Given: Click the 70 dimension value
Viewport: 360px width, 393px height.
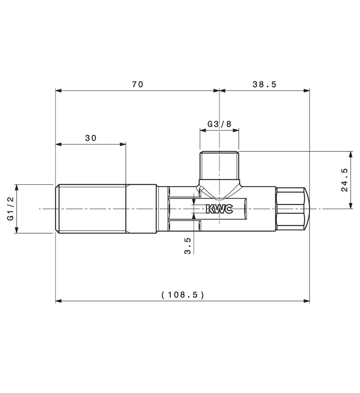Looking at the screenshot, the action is pyautogui.click(x=137, y=84).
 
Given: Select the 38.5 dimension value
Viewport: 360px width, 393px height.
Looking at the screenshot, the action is pyautogui.click(x=264, y=84).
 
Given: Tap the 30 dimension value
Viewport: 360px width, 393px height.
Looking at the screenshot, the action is pyautogui.click(x=91, y=138).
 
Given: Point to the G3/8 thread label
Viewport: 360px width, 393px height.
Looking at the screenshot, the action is pyautogui.click(x=219, y=124).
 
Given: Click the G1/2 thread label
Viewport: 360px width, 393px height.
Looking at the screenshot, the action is pyautogui.click(x=10, y=209).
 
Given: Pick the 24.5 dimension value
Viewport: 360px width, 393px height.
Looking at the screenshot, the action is pyautogui.click(x=344, y=180).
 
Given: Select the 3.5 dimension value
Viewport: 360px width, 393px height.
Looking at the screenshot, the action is pyautogui.click(x=187, y=246).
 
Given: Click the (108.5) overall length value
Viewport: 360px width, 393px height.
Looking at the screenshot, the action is pyautogui.click(x=183, y=294).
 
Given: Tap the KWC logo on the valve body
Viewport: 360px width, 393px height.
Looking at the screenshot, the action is pyautogui.click(x=219, y=209).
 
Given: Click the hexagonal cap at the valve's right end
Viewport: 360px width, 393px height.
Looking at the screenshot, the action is pyautogui.click(x=292, y=209).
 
